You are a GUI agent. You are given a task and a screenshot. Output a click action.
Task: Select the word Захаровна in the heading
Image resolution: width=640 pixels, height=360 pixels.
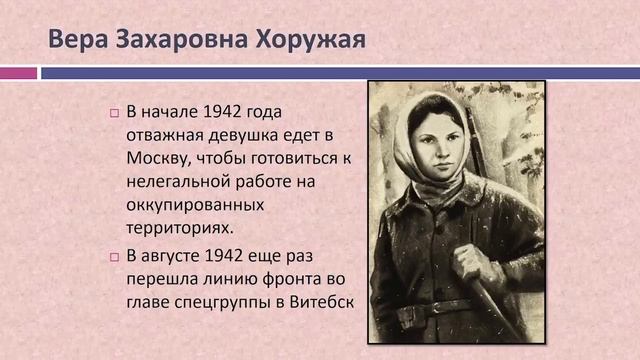coord(178,41)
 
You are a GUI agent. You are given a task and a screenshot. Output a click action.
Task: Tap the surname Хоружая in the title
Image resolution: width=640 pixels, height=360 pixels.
coord(306,41)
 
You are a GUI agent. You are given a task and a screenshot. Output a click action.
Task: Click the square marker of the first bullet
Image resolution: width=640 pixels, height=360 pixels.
coord(114,112)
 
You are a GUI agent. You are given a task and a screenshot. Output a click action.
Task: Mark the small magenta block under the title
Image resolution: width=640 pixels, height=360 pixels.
coord(18,73)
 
